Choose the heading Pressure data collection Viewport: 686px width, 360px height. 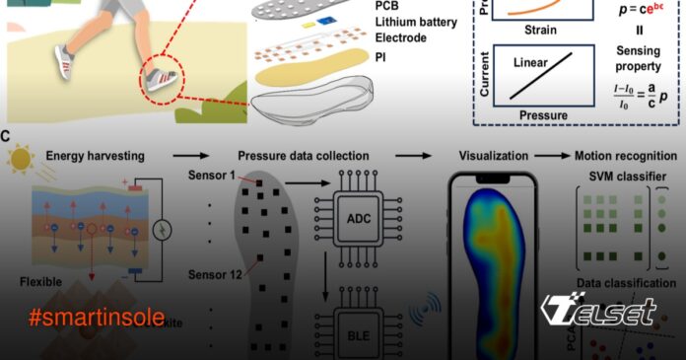(x=303, y=155)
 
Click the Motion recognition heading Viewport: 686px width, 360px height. (x=626, y=155)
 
